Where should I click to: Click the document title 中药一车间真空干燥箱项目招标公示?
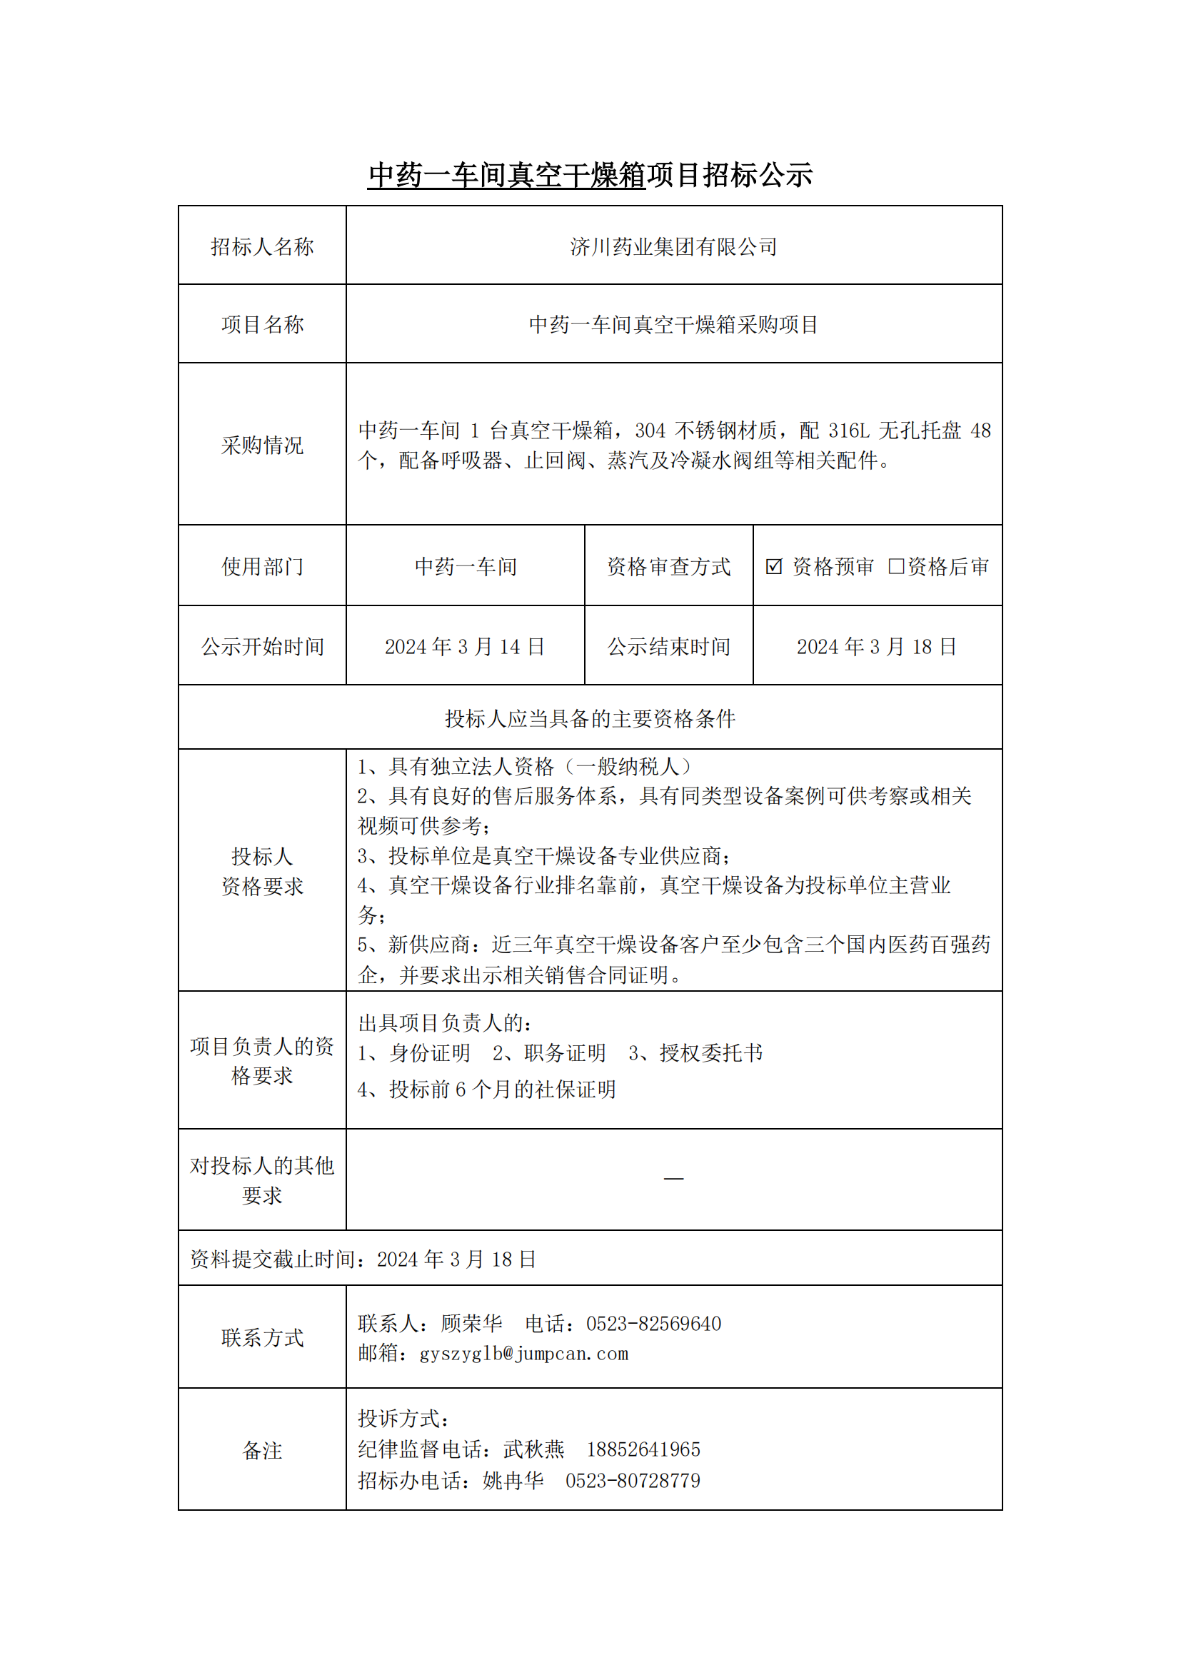[x=590, y=176]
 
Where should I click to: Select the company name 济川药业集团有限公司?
[x=673, y=247]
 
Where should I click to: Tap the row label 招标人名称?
[x=262, y=247]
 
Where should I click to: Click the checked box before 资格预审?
[x=774, y=566]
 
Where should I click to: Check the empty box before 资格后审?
[x=896, y=566]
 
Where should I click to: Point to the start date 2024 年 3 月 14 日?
[x=465, y=647]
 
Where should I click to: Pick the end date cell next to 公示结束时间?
[x=876, y=647]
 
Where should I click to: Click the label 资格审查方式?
[x=668, y=567]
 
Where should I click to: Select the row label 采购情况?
[x=262, y=445]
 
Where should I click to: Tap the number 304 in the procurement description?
[x=650, y=431]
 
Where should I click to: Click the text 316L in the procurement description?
[x=849, y=431]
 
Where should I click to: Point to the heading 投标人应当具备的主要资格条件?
[x=590, y=719]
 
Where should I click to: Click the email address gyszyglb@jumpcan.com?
[x=523, y=1354]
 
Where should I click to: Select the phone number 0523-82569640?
[x=654, y=1324]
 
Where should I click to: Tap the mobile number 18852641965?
[x=643, y=1449]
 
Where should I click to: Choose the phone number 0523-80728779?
[x=633, y=1481]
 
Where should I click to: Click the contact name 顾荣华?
[x=471, y=1324]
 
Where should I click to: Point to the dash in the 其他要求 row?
[x=673, y=1178]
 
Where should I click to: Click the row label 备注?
[x=262, y=1450]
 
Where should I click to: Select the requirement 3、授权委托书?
[x=695, y=1053]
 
